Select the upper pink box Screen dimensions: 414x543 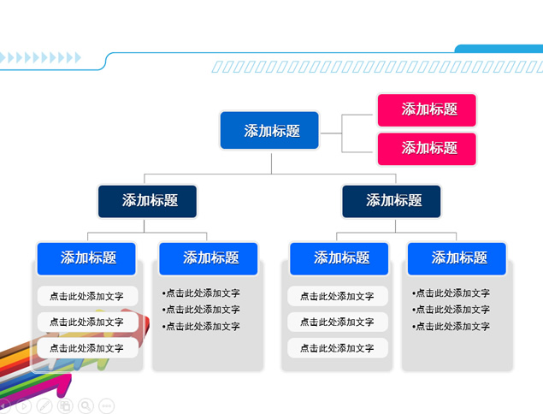[427, 110]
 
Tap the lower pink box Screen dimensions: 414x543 [427, 149]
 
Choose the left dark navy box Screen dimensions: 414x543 [147, 201]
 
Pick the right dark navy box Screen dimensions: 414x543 [392, 201]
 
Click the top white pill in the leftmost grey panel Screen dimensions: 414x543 [86, 297]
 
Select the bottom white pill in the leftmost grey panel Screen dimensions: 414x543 [86, 348]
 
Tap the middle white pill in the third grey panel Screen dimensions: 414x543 [338, 322]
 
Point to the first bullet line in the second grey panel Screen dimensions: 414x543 [201, 293]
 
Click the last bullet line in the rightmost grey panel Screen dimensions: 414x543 [452, 327]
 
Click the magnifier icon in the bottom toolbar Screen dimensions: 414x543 [86, 406]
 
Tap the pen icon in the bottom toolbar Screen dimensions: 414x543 [44, 406]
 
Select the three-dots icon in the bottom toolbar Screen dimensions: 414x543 [107, 406]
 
